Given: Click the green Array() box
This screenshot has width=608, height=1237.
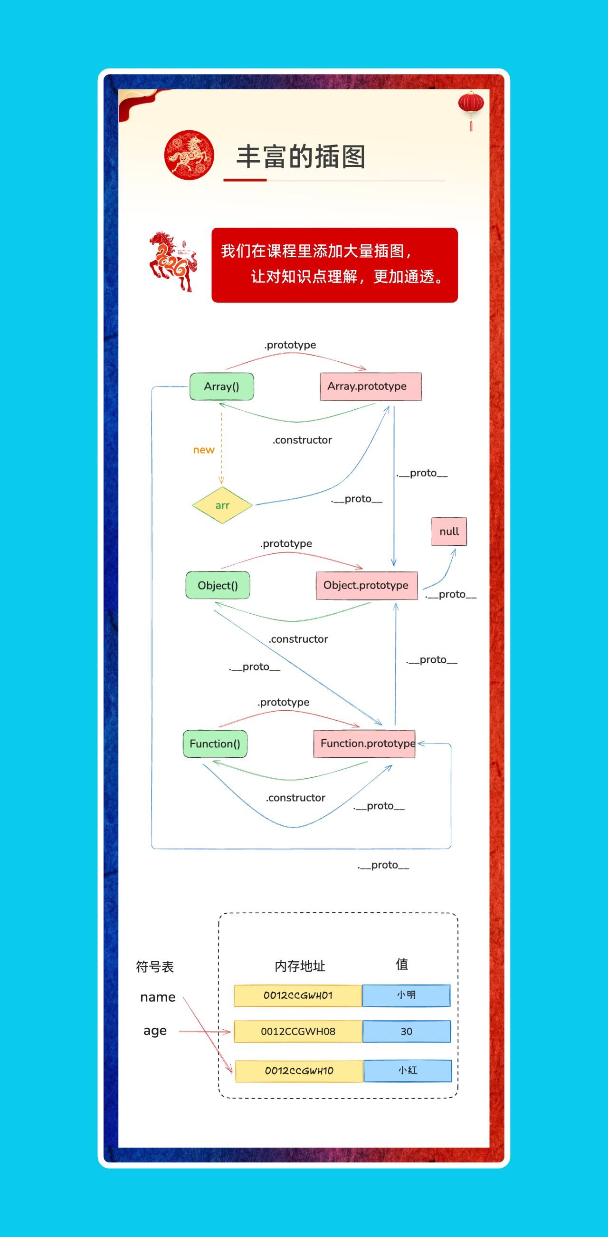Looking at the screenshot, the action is tap(222, 387).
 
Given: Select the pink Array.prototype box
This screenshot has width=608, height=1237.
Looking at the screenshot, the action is tap(370, 387).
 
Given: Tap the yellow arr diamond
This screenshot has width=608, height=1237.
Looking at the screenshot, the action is tap(222, 505).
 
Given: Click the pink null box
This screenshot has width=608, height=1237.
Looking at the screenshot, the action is tap(449, 532).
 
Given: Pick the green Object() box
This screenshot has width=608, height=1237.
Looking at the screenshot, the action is tap(218, 585).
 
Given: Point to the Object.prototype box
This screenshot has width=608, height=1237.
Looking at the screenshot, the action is tap(367, 585).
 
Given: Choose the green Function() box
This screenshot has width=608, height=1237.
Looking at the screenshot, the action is tap(215, 744).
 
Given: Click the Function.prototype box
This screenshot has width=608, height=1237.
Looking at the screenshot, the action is tap(364, 744).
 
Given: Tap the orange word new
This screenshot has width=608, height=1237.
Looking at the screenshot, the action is tap(203, 450).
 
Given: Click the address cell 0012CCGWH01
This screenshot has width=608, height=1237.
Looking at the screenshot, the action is tap(298, 995).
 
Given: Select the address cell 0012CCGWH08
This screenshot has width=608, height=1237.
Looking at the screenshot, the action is tap(298, 1032).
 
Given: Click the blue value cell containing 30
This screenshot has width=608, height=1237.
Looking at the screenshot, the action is tap(407, 1032).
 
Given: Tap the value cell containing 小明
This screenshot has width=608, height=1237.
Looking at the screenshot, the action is tap(407, 995).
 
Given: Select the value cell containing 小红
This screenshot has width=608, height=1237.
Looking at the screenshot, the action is tap(408, 1070).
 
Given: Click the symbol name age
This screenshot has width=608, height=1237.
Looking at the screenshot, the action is tap(155, 1031).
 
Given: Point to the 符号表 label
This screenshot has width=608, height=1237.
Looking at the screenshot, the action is tap(155, 966).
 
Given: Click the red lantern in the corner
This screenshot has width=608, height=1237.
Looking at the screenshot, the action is tap(471, 110).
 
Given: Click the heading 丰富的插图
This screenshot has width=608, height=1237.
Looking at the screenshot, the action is tap(301, 156).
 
